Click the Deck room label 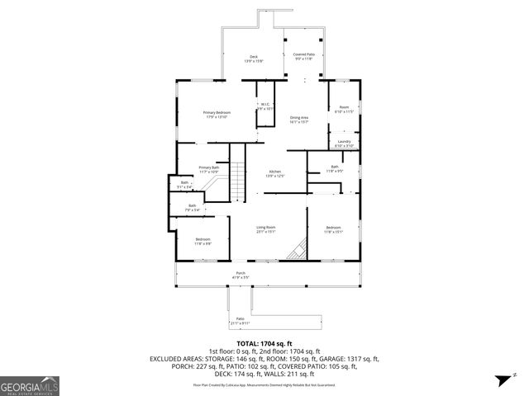click(x=253, y=59)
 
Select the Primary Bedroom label click(x=218, y=114)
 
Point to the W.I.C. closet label click(x=265, y=106)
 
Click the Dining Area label click(x=299, y=120)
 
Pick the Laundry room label click(x=344, y=143)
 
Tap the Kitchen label click(x=274, y=173)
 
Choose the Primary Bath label click(x=208, y=169)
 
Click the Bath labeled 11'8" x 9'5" click(x=334, y=169)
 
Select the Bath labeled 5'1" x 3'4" click(x=185, y=185)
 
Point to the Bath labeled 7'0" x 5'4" click(x=192, y=207)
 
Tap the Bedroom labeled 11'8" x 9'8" click(x=203, y=242)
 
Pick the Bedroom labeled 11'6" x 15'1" click(x=333, y=229)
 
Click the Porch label click(x=241, y=275)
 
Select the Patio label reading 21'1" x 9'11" click(x=240, y=320)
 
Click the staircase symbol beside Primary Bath click(x=238, y=178)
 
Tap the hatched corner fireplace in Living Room click(x=297, y=249)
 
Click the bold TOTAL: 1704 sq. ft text click(x=264, y=343)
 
